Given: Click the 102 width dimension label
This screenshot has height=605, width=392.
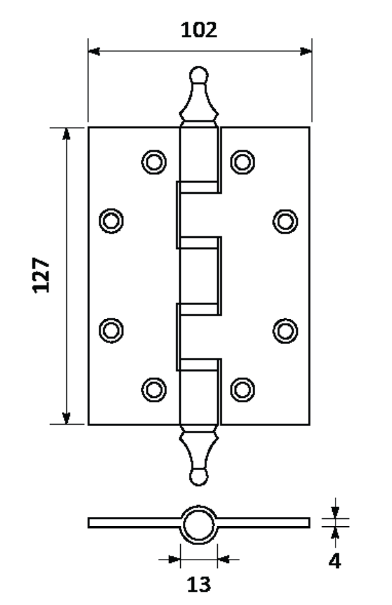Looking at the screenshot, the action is point(199,30).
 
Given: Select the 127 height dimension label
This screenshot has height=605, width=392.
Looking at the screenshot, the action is point(41,275).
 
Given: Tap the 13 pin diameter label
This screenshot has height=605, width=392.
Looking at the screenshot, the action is point(199,584).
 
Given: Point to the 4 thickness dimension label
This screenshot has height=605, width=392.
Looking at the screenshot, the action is point(335,561).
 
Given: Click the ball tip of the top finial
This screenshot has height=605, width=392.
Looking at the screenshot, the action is point(199,75).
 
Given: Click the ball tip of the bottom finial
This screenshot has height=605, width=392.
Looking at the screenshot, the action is point(199,477).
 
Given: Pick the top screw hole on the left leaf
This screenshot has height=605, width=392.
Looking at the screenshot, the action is point(154,162).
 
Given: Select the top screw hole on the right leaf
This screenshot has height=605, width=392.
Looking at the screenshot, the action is point(242,162).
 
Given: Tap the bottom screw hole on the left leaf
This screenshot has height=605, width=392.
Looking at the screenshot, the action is point(154,390).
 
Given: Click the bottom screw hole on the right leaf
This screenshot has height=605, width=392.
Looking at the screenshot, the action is point(242,390).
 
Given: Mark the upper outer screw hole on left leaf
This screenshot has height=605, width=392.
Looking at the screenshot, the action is point(111,221).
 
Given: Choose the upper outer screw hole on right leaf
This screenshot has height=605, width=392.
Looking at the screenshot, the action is point(285,222).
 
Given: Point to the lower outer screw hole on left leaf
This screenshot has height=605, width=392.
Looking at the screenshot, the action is point(111,331).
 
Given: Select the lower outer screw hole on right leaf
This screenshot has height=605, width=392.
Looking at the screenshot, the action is point(285,331).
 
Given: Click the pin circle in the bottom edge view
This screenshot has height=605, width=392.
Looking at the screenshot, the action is point(199,525).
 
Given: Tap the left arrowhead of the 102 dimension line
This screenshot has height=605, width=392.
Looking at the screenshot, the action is point(94,51).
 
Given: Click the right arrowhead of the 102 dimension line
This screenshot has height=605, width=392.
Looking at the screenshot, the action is point(306,51).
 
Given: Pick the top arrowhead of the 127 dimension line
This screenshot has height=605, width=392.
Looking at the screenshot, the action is point(66,133).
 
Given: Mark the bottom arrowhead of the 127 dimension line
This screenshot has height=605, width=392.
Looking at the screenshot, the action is point(66,418).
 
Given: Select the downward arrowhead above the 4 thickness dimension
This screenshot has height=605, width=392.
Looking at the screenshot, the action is point(335,512).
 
